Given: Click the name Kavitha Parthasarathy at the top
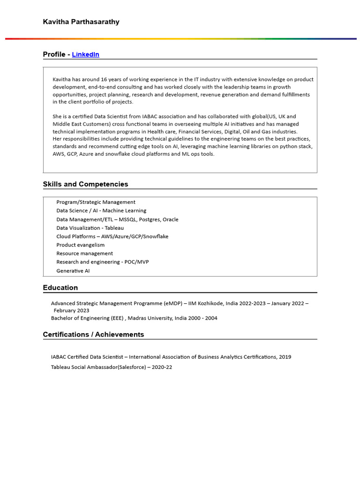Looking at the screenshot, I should click(x=81, y=22).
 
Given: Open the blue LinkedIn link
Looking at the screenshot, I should click(x=85, y=54).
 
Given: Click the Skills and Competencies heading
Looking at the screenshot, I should click(x=85, y=184).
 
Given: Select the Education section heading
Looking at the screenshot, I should click(x=60, y=287).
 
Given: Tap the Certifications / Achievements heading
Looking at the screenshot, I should click(x=93, y=334).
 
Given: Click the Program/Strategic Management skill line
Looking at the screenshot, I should click(x=96, y=202).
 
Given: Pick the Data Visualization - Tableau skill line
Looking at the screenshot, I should click(x=90, y=228).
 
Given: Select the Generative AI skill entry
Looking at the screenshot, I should click(x=73, y=270).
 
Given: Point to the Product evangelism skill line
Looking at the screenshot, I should click(x=80, y=245).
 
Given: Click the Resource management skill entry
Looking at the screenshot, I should click(x=84, y=253).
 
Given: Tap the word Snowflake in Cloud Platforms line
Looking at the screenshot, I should click(x=156, y=236).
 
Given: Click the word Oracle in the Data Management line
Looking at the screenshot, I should click(x=170, y=219).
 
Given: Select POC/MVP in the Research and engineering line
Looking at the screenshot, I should click(x=137, y=262).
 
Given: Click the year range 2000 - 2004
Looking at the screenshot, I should click(x=203, y=318).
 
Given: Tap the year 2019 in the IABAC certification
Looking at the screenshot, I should click(x=285, y=357).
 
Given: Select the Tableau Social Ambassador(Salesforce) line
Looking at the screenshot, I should click(x=111, y=367).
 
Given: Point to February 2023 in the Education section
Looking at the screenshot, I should click(x=71, y=310).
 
